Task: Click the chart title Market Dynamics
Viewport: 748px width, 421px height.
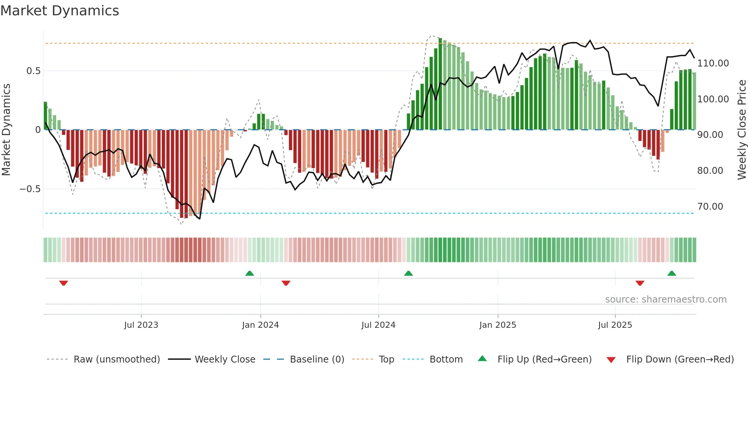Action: (60, 11)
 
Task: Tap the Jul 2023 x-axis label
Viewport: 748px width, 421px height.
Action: (141, 325)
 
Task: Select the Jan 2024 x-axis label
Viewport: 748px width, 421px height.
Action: (260, 325)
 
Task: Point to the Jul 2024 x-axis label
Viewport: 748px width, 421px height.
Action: (378, 325)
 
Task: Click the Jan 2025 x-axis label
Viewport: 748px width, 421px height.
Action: (498, 325)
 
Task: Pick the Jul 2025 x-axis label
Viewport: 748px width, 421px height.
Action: (615, 325)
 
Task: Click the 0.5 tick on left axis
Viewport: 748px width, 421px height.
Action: (33, 71)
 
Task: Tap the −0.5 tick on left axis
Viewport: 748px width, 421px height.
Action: (30, 189)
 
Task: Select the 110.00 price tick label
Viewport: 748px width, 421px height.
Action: (713, 63)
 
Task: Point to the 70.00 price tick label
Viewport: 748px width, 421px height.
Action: (710, 207)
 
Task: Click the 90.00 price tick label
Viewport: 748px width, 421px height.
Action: (710, 135)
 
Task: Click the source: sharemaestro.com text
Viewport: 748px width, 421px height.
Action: (666, 300)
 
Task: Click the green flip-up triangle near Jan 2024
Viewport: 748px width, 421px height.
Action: (250, 274)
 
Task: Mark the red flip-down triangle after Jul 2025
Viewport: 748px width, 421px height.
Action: (640, 283)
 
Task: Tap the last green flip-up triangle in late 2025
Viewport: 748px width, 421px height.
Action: (672, 274)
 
